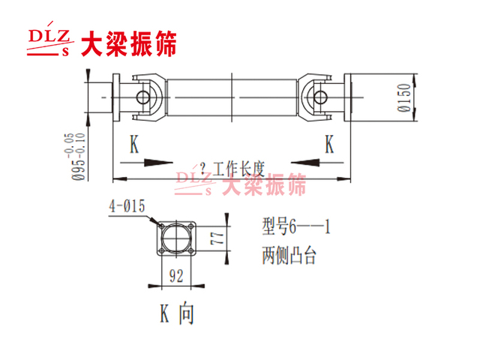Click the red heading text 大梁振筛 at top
(129, 43)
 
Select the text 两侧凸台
(289, 255)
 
